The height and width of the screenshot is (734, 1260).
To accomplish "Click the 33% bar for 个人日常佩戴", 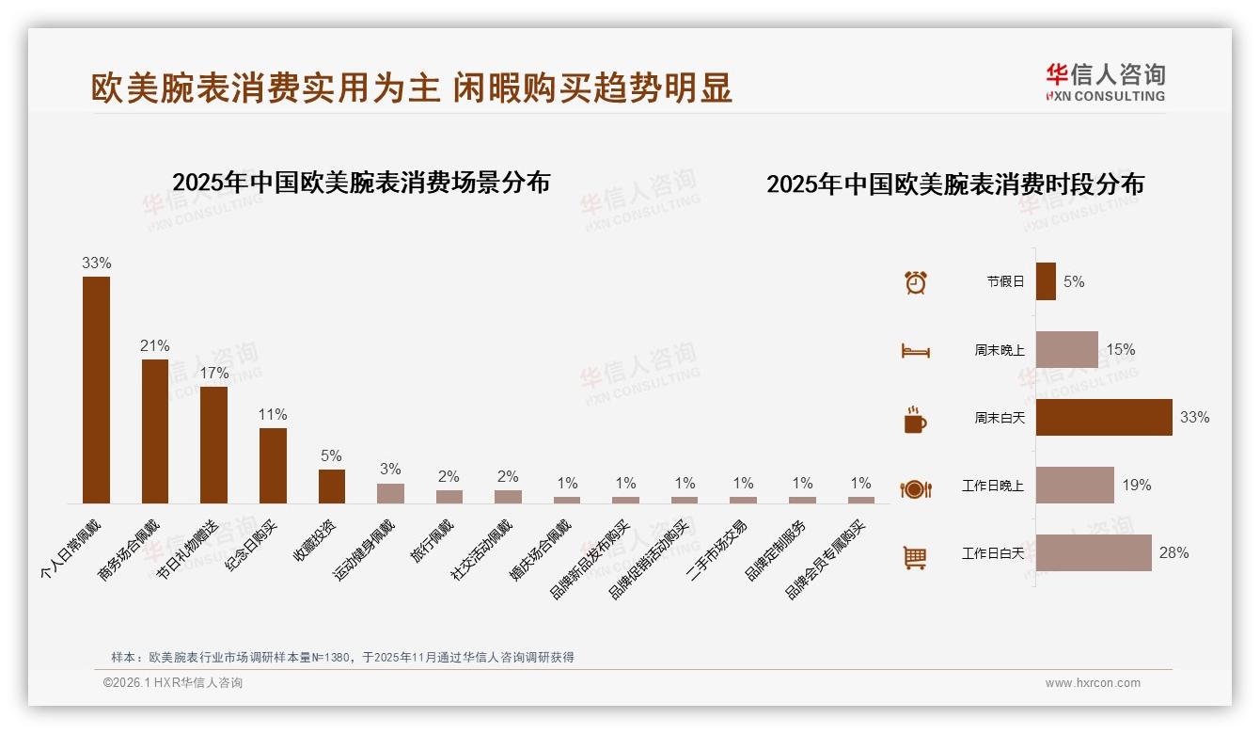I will [x=96, y=390].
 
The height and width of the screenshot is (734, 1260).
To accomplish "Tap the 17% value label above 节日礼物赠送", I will [x=213, y=373].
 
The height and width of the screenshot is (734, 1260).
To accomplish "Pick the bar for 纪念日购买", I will [x=273, y=466].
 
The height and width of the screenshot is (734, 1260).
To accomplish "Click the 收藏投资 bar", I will [x=332, y=487].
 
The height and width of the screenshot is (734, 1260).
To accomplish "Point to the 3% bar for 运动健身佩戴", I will [x=390, y=493].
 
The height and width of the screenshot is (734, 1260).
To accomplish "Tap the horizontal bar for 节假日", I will [x=1046, y=281].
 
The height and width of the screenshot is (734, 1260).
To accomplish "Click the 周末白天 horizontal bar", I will [x=1104, y=417].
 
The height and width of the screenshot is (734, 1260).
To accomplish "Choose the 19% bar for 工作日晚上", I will [x=1075, y=485].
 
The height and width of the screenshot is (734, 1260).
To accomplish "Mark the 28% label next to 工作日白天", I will [x=1173, y=553].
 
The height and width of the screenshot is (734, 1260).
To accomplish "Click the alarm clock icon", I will [x=915, y=282].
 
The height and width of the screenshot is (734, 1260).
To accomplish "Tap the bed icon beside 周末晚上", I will [x=915, y=351].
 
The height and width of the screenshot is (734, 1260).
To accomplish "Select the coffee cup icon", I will [x=915, y=420].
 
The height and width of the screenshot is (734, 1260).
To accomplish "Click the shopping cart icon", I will [x=915, y=557].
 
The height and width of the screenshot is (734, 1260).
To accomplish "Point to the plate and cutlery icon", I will [x=915, y=488].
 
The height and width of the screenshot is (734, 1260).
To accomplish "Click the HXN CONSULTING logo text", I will [x=1105, y=96].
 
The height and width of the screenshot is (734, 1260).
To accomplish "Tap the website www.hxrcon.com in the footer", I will [x=1093, y=683].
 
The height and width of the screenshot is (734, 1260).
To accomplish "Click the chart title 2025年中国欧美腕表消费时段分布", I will [x=954, y=184].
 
